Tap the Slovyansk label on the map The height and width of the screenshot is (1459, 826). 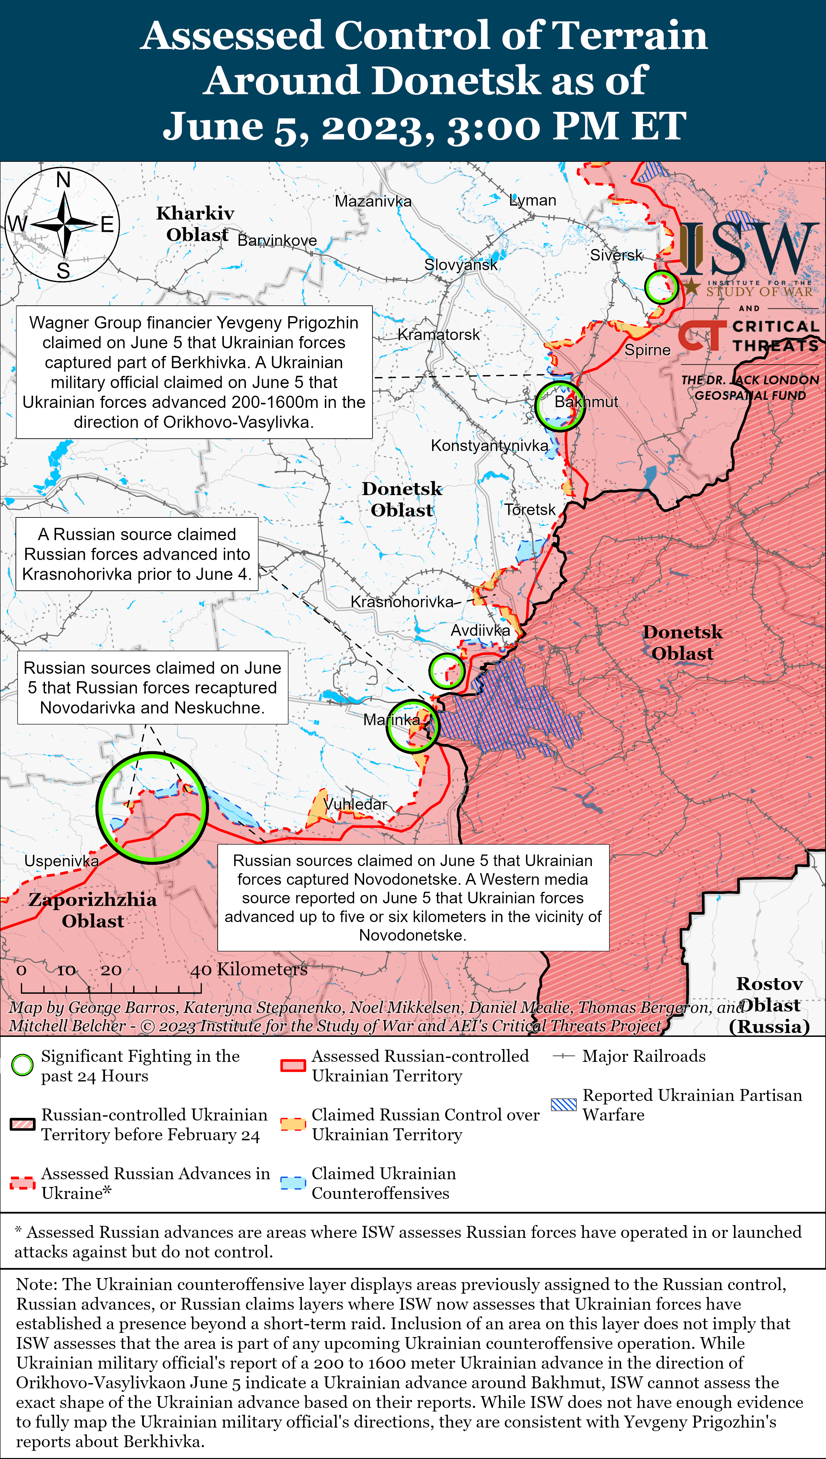461,265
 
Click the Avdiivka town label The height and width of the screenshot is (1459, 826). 480,630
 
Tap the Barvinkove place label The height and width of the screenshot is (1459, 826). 277,240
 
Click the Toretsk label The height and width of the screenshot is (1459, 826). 530,509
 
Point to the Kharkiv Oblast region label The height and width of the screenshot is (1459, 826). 196,224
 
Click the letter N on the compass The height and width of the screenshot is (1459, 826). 63,180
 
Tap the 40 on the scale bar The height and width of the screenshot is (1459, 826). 201,970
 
